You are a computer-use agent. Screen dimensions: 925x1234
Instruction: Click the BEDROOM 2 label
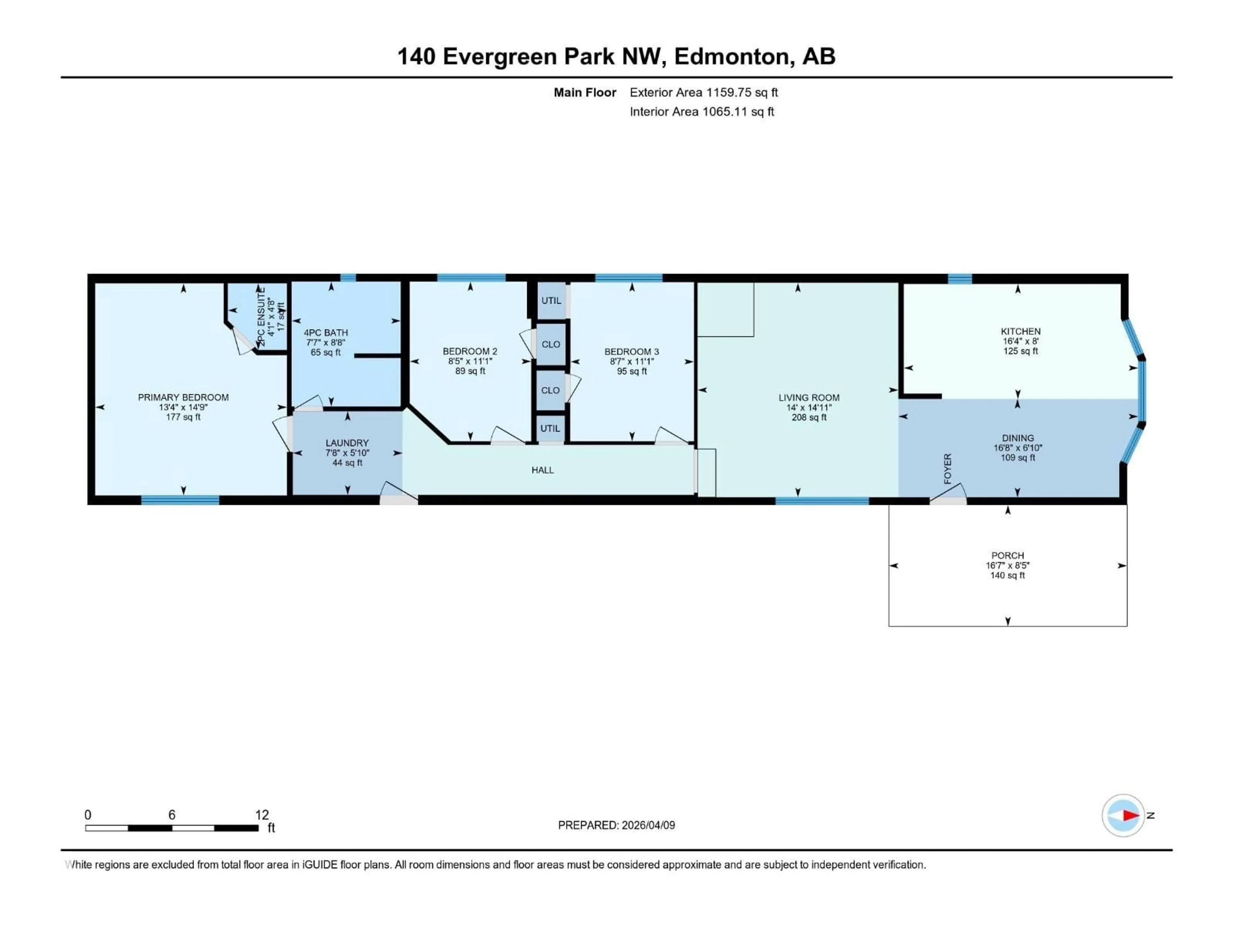[470, 351]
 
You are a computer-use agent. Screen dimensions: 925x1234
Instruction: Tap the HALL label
[542, 470]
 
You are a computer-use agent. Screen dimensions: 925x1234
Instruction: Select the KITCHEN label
[1020, 331]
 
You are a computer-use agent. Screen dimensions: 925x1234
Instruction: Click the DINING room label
[1017, 438]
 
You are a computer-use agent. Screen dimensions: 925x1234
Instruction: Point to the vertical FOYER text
[947, 468]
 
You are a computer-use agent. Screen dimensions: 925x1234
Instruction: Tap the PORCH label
[1007, 555]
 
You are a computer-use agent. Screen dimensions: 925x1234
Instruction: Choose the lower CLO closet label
[550, 390]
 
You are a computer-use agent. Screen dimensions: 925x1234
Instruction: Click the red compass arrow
[1131, 815]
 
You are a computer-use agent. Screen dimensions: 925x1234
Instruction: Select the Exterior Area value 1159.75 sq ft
[742, 92]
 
